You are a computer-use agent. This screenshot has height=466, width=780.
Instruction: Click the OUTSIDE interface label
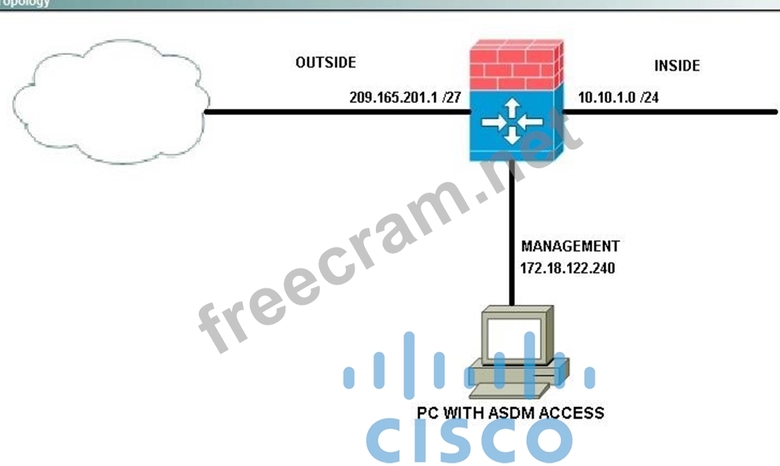coord(326,62)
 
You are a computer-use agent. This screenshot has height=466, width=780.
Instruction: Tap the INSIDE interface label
coord(677,66)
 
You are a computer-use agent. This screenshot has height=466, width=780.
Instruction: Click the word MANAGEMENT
coord(570,246)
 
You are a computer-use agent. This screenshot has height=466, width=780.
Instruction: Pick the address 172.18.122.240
coord(567,268)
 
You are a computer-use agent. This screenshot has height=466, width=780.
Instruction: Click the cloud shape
coord(110,110)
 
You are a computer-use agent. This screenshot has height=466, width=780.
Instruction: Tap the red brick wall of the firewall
coord(515,70)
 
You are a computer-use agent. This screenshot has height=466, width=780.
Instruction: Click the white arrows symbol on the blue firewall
coord(513,123)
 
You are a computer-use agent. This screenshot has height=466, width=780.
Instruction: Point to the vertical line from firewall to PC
coord(512,236)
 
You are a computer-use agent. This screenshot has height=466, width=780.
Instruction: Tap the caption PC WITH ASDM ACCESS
coord(511,412)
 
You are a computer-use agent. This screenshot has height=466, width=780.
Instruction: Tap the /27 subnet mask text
coord(450,98)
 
